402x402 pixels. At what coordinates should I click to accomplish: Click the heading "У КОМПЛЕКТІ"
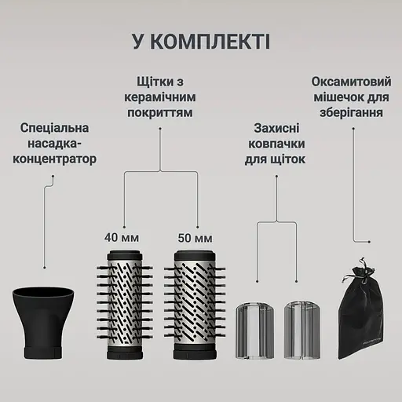click(x=201, y=41)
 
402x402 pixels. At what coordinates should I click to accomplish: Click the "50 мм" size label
click(x=192, y=236)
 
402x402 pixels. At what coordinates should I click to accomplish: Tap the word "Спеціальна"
click(x=55, y=127)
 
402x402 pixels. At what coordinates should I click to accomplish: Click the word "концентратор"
click(x=55, y=159)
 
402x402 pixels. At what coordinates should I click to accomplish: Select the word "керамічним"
click(x=161, y=97)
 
